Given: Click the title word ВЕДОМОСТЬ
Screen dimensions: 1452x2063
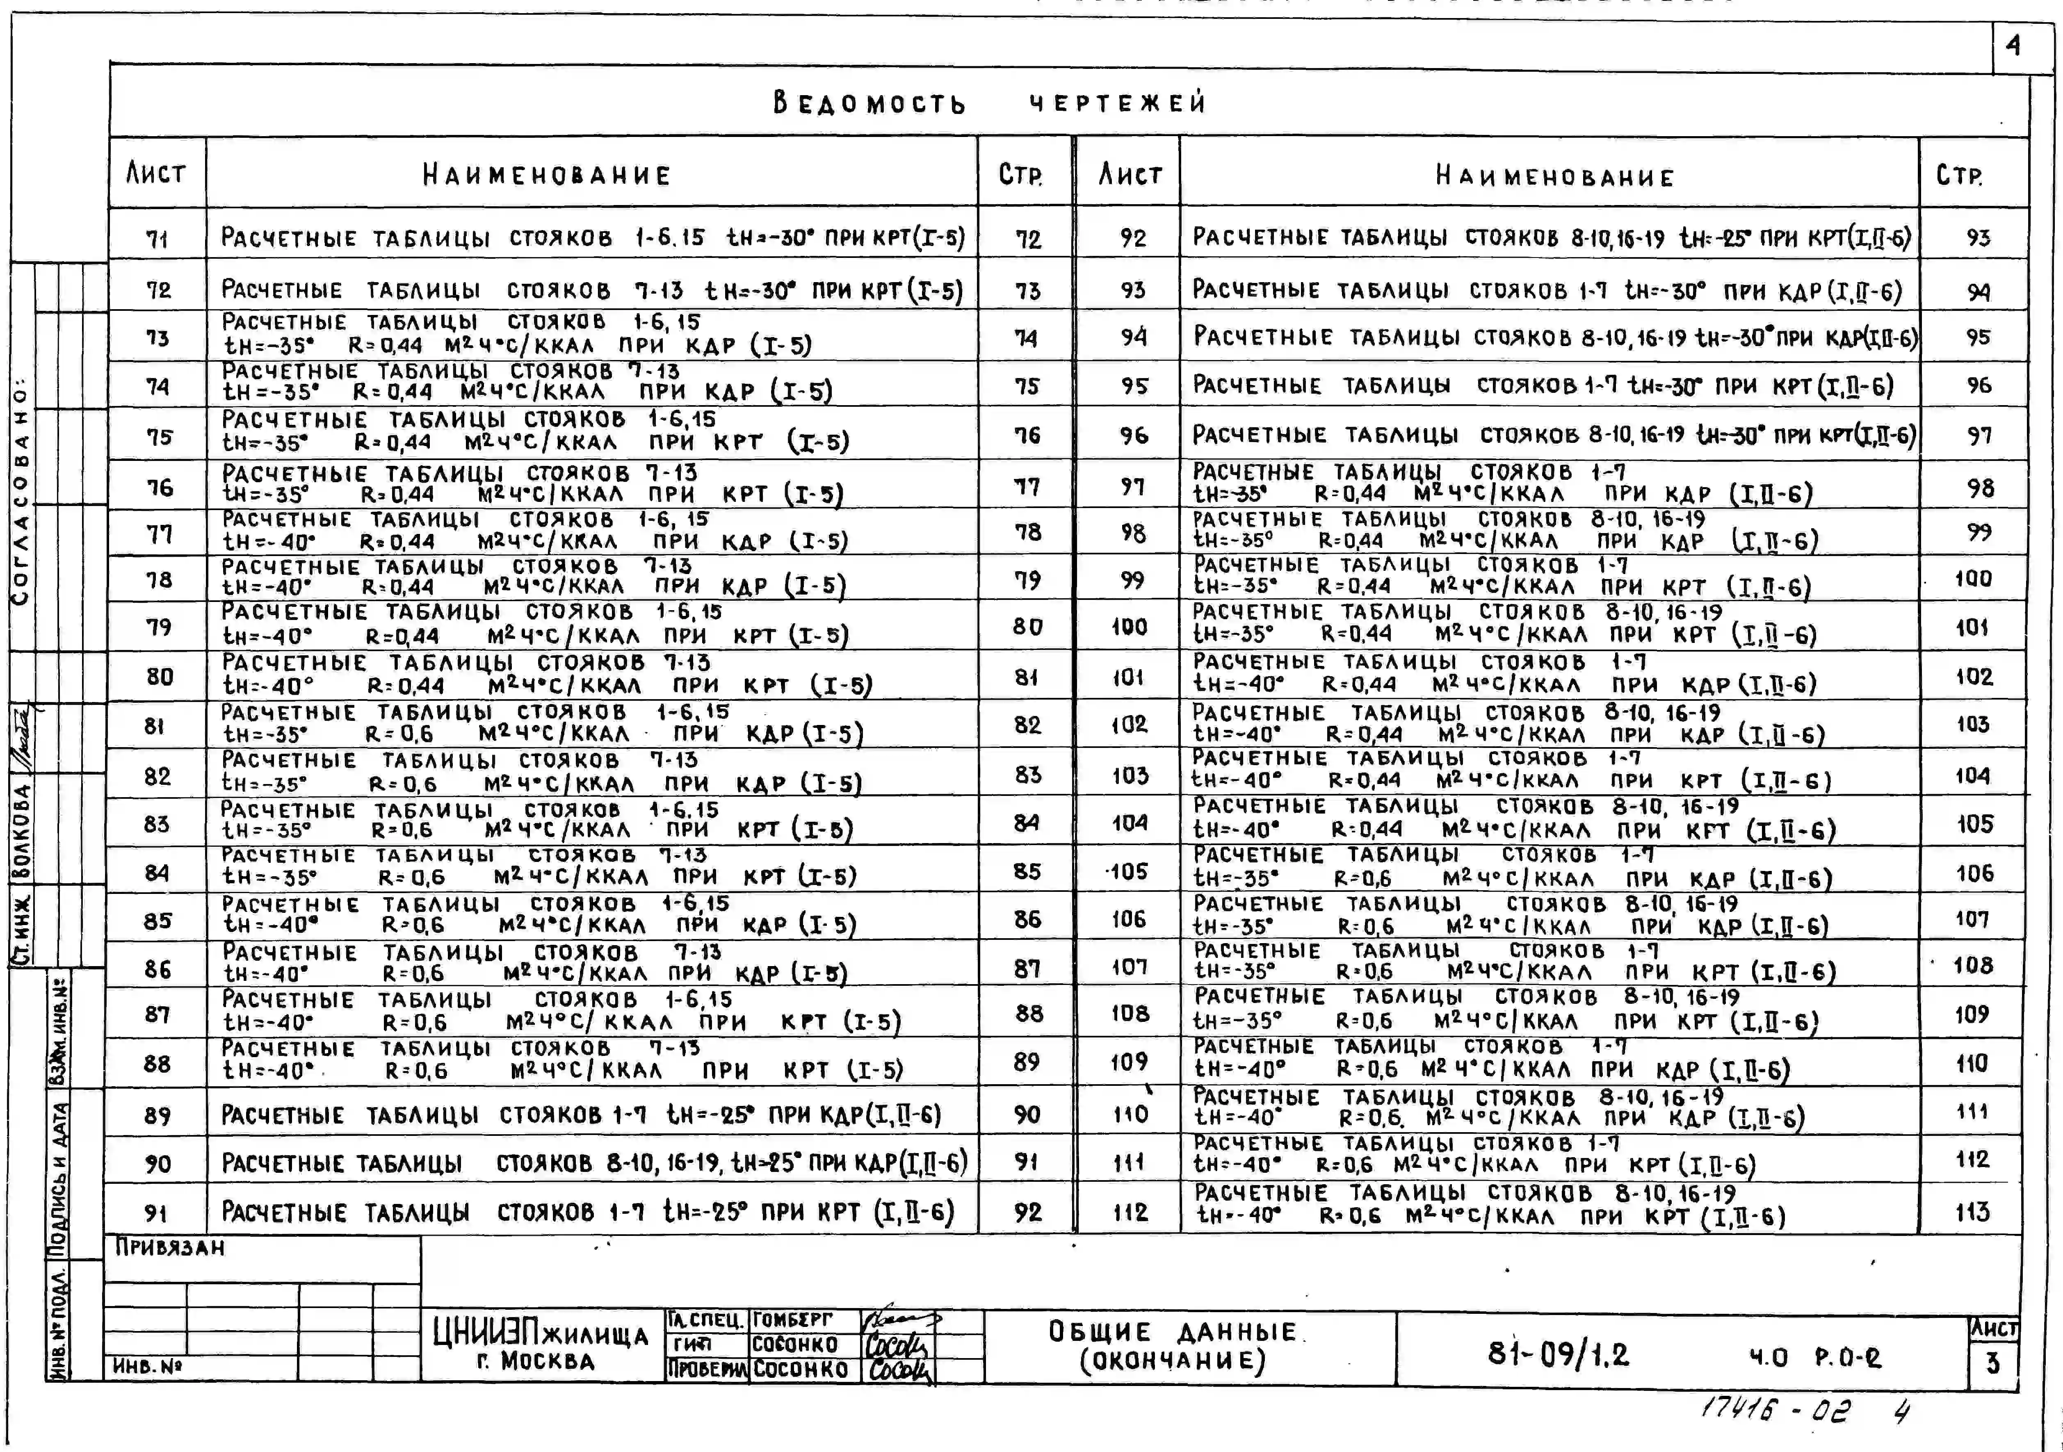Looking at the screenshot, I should (x=869, y=103).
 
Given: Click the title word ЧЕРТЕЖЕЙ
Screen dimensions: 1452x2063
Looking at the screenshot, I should (x=1117, y=103).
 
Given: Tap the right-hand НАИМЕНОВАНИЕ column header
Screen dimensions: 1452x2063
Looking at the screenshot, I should (x=1554, y=176).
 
